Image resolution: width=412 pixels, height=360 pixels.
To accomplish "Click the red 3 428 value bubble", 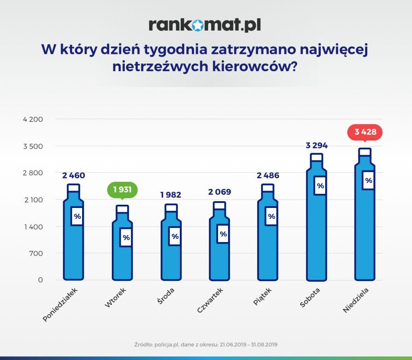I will tap(365, 132).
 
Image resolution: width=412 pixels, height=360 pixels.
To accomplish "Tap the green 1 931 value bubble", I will tap(122, 189).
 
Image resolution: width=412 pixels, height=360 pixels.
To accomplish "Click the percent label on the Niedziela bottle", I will tap(369, 180).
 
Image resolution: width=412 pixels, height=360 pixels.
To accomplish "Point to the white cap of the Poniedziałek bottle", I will tap(74, 188).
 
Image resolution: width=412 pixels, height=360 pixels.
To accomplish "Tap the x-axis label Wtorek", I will tap(115, 298).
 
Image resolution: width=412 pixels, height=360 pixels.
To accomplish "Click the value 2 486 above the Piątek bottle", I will tap(268, 175).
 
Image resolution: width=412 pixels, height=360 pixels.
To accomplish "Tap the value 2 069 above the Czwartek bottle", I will tap(220, 192).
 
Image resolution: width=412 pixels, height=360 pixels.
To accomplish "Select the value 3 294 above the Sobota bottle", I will tap(317, 145).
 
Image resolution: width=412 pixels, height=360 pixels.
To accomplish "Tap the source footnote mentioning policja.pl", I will tap(206, 345).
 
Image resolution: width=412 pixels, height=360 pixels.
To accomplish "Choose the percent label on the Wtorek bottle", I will tap(126, 237).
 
